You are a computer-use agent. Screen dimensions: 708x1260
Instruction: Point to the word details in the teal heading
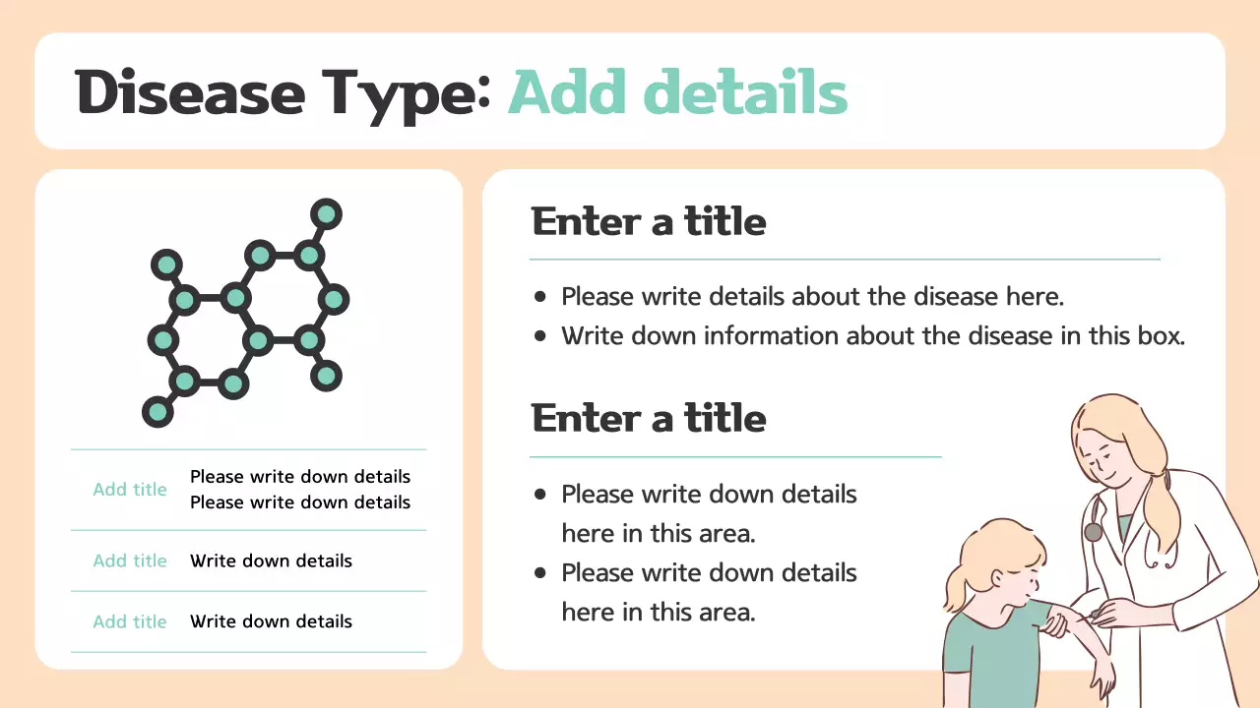click(x=745, y=92)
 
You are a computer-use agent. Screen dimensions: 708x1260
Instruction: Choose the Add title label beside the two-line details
click(x=130, y=490)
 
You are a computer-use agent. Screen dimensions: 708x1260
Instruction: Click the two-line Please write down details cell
click(x=299, y=490)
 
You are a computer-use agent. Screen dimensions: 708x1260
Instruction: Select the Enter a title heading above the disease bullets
click(x=649, y=222)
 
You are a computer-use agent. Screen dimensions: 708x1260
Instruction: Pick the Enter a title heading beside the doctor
click(x=649, y=419)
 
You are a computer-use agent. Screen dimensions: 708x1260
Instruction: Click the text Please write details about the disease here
click(x=812, y=296)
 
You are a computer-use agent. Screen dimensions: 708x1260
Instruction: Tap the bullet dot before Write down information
click(x=539, y=336)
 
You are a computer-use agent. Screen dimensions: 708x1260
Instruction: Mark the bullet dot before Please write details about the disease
click(x=539, y=296)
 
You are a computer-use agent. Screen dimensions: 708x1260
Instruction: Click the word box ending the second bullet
click(x=1160, y=336)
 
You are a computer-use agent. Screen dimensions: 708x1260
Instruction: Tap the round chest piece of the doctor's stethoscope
click(x=1093, y=532)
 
